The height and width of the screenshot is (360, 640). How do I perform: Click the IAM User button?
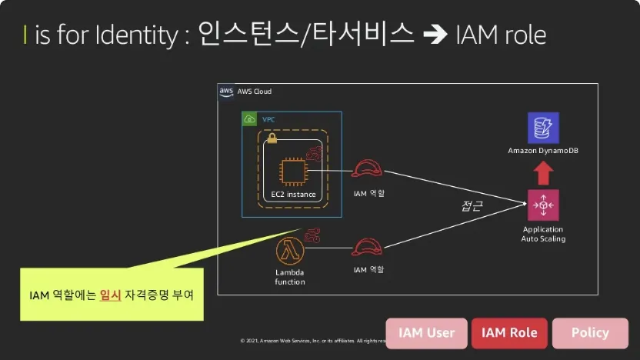point(426,333)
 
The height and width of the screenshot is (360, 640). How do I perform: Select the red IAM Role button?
point(509,333)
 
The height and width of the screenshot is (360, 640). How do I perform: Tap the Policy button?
point(590,333)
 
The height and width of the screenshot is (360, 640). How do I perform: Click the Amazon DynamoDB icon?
point(543,128)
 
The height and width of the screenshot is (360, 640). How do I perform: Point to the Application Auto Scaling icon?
point(543,205)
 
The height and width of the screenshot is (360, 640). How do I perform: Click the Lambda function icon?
point(290,251)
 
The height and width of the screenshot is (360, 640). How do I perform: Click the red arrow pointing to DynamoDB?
point(543,173)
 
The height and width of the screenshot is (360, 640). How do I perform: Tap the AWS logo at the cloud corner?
point(226,92)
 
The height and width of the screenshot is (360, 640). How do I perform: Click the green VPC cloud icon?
point(249,119)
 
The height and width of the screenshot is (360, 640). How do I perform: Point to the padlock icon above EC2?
point(272,138)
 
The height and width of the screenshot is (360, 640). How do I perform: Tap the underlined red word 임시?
point(111,295)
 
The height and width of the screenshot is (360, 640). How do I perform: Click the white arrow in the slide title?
point(434,35)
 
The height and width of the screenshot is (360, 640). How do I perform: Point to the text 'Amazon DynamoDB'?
point(543,150)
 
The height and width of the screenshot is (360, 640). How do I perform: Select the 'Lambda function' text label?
point(290,277)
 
